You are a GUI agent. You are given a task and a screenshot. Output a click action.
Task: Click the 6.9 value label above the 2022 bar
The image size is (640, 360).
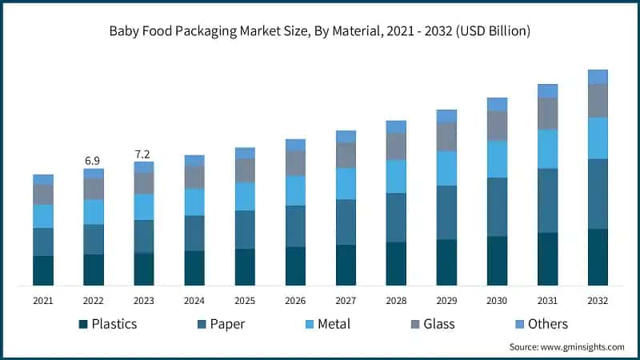tap(94, 161)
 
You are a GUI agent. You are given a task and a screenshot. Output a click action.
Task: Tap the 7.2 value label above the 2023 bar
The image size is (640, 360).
tap(143, 154)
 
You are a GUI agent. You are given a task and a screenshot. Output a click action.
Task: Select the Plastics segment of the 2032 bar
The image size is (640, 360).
tap(598, 257)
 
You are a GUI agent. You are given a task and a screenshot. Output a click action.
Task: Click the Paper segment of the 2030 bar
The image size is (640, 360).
tap(497, 206)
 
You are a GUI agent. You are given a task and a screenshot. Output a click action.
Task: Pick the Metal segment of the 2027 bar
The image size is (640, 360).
tap(346, 183)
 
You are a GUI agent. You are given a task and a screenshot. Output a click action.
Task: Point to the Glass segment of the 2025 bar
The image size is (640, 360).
tap(245, 170)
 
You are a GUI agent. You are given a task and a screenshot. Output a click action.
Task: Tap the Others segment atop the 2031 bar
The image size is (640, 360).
tap(547, 90)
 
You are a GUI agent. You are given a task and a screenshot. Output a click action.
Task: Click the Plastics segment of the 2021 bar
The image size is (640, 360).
tap(43, 270)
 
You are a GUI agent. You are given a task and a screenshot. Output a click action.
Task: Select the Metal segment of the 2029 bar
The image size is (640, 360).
tap(446, 168)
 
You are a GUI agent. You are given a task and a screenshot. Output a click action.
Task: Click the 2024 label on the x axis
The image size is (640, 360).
tap(194, 301)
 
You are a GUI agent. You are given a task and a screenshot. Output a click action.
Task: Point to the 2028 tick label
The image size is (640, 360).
tap(396, 301)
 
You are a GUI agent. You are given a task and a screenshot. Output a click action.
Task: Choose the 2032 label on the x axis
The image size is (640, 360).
tap(598, 301)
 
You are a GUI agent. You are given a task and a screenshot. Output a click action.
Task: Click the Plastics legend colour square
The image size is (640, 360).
tap(82, 325)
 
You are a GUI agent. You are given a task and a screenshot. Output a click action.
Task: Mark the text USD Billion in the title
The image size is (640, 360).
tap(489, 31)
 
